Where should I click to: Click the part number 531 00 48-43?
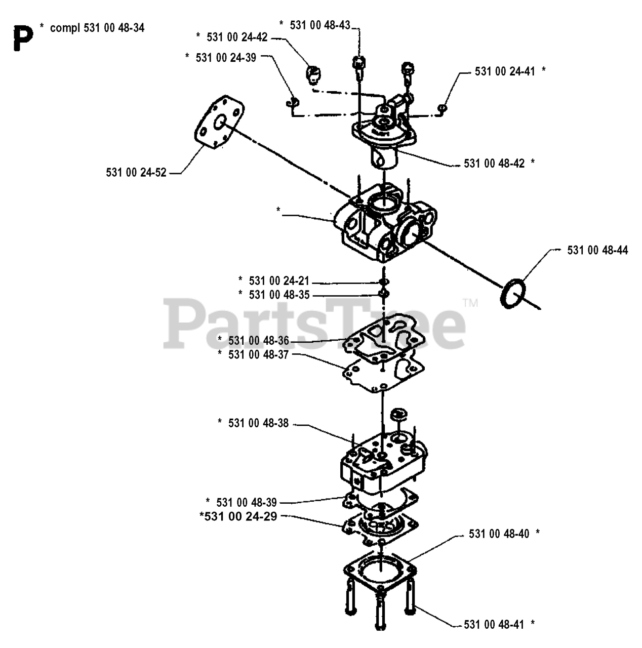point(319,25)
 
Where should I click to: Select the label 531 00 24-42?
point(237,37)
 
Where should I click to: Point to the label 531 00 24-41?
point(505,72)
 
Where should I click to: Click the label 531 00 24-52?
point(136,173)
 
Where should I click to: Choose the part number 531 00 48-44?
point(597,250)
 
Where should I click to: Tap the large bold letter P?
point(23,38)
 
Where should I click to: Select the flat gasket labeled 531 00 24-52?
point(219,123)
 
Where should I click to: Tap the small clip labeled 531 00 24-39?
point(292,103)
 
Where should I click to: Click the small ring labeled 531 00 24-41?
point(442,108)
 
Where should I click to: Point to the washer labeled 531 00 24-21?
point(383,282)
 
